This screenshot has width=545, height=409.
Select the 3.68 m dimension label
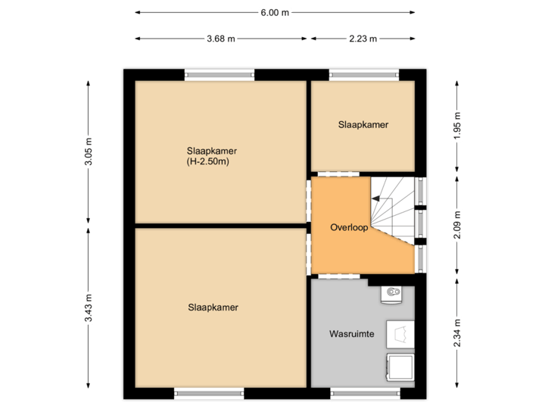click(x=220, y=39)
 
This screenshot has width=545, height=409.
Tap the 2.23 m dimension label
click(x=363, y=39)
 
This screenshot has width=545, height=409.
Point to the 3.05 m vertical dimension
click(x=89, y=152)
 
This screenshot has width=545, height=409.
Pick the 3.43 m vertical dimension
click(x=89, y=308)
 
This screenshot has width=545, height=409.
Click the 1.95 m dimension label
click(x=456, y=126)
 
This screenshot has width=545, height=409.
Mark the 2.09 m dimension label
click(x=456, y=224)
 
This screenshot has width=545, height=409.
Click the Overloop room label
click(x=348, y=227)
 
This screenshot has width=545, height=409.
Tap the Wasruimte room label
click(x=351, y=333)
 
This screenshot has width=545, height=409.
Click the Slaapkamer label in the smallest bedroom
click(x=363, y=124)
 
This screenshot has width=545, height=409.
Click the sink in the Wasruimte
click(x=392, y=292)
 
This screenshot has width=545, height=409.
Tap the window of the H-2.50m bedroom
click(x=220, y=73)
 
